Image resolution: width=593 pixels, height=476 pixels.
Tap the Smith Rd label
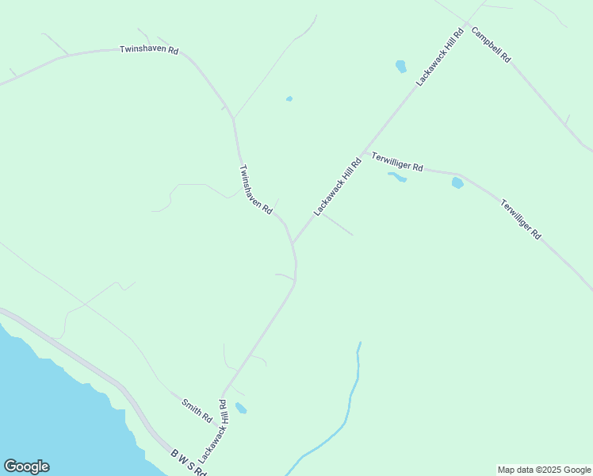point(197,410)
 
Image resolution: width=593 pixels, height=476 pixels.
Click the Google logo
point(26,466)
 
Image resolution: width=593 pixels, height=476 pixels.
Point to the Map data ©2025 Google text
point(544,470)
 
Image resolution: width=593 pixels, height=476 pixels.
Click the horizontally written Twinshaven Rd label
point(149,49)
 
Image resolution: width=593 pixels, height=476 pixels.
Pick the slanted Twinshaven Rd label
point(256,190)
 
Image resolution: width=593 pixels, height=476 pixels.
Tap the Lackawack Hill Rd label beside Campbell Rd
point(439,58)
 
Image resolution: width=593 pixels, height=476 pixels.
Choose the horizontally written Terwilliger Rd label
point(397,161)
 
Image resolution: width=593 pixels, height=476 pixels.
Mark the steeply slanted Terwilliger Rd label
point(521,220)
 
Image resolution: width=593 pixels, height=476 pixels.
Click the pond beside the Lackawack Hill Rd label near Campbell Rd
point(400,66)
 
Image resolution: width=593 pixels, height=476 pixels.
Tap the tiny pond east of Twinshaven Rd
point(289,99)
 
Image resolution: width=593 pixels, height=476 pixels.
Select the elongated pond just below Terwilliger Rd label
point(397,178)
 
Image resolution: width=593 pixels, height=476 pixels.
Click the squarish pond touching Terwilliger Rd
point(457,183)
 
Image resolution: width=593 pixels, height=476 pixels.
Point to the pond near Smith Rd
point(241,409)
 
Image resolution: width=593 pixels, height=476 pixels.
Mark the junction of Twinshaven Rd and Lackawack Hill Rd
point(293,244)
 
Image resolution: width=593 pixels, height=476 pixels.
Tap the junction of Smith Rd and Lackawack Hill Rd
point(222,396)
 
